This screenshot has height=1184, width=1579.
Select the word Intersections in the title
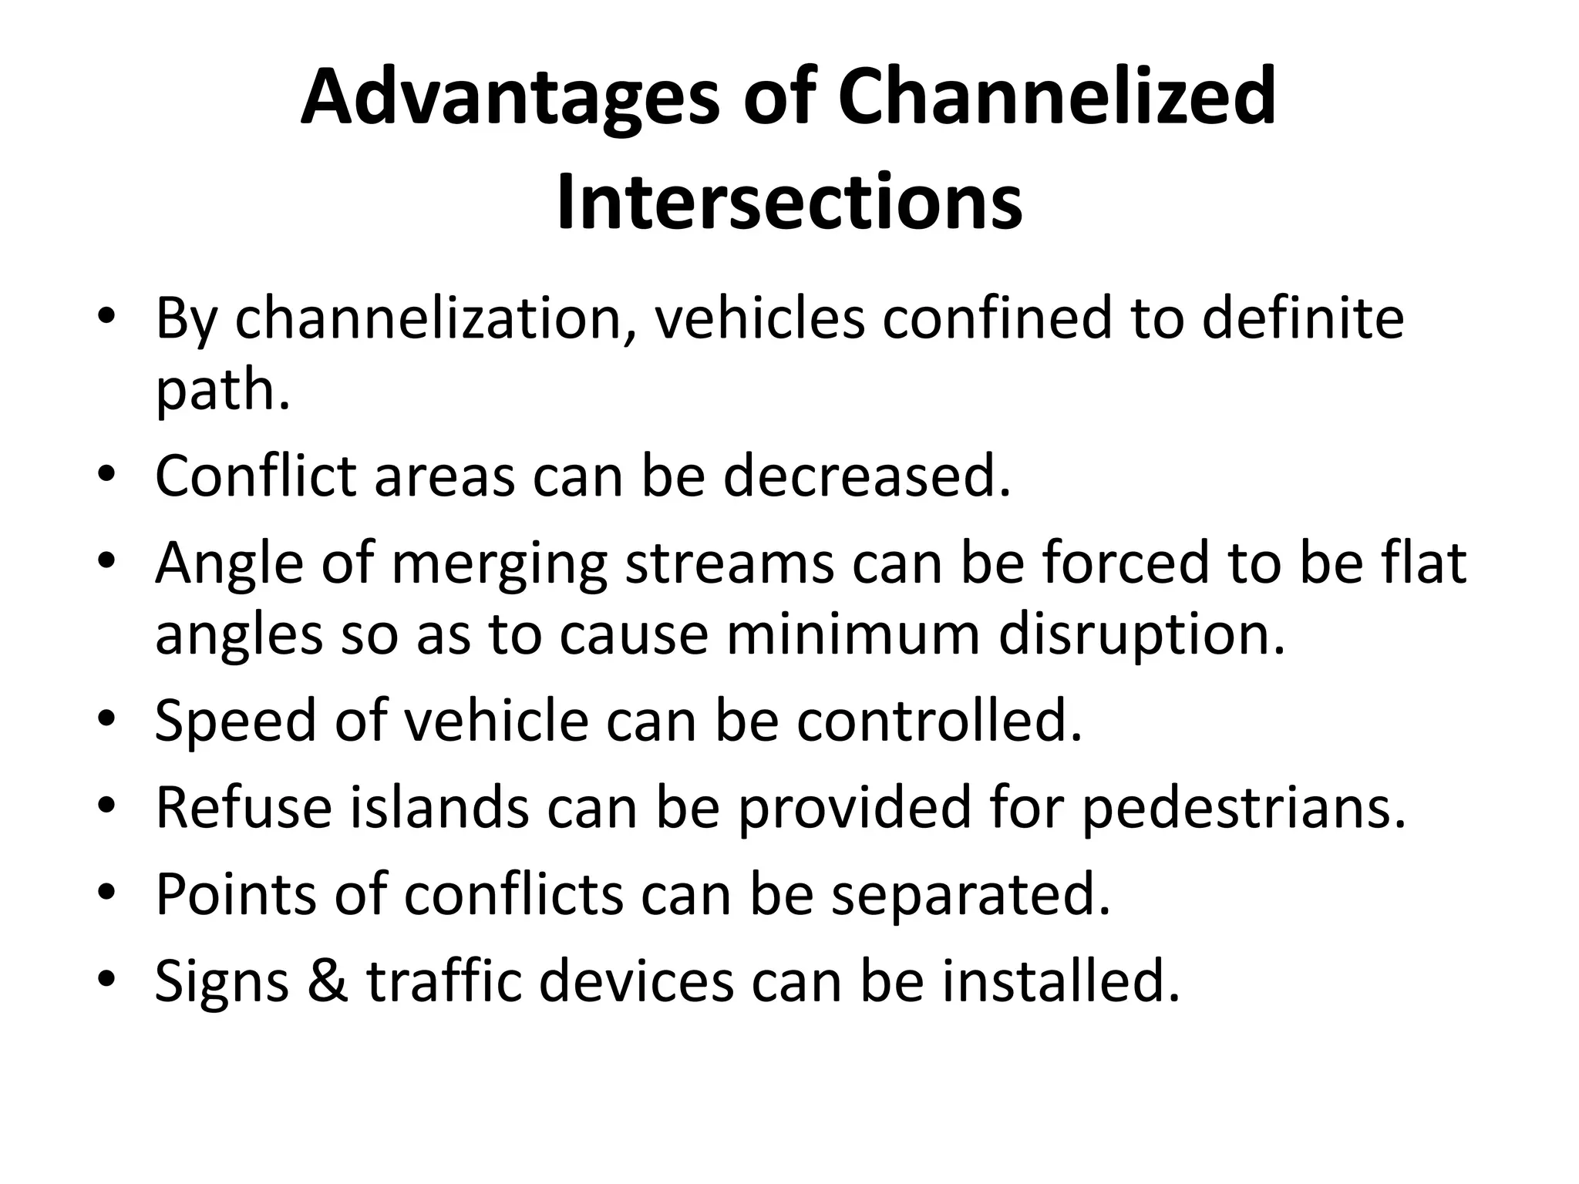click(789, 202)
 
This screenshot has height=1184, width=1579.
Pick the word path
click(222, 392)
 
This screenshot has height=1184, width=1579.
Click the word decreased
click(867, 476)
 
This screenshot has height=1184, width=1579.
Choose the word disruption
click(1142, 634)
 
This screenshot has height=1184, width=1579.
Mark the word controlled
click(939, 721)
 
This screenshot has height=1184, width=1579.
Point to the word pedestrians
click(1243, 809)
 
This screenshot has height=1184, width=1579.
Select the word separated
click(971, 894)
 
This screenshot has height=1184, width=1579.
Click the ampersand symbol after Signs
click(327, 981)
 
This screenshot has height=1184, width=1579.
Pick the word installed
click(1061, 981)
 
